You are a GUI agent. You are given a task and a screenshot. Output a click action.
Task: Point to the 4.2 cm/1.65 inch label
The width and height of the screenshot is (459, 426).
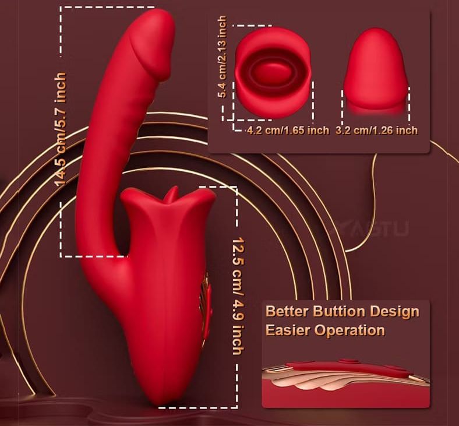[288, 130]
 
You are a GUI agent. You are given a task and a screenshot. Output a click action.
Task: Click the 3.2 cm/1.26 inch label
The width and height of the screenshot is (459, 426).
[376, 130]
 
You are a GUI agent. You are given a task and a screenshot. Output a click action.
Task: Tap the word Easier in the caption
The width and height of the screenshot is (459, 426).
[288, 330]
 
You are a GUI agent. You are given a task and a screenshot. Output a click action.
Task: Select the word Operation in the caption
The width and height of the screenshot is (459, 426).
[349, 330]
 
